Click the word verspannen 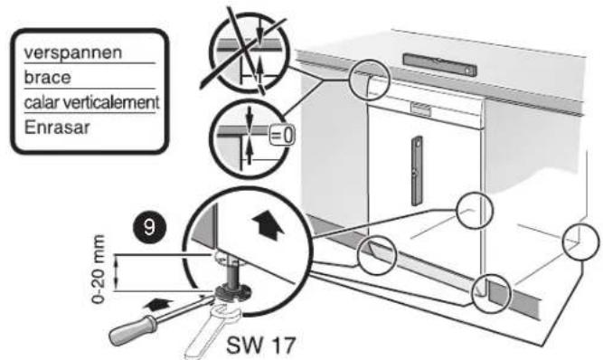(73, 53)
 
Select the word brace (48, 78)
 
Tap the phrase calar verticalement (91, 102)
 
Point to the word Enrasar (57, 128)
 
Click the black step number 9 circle (149, 227)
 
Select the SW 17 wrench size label (261, 345)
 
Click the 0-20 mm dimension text (99, 269)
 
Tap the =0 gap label (282, 136)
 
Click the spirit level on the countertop (440, 64)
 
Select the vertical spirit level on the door (417, 171)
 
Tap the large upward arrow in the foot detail (268, 226)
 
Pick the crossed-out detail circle (249, 52)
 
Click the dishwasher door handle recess (420, 109)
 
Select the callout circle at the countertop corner (369, 80)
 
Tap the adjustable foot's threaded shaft (232, 274)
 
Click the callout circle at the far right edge (581, 242)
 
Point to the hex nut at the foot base (231, 295)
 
